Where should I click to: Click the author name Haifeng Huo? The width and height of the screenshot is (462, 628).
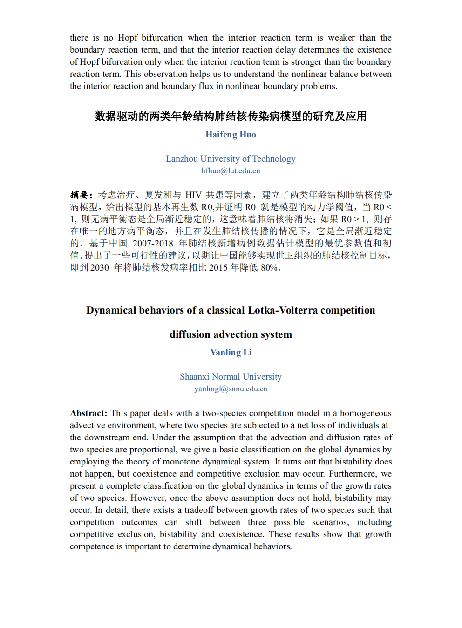231,135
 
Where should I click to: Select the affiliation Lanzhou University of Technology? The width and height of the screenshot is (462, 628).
231,159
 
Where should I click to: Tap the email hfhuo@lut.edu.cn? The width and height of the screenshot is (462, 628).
231,171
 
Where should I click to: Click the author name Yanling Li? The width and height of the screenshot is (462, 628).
231,353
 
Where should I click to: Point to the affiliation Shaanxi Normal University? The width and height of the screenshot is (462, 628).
231,377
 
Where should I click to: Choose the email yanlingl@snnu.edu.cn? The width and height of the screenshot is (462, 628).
231,389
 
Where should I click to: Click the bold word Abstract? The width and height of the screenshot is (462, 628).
88,413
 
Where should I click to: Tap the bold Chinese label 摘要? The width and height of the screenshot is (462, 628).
80,195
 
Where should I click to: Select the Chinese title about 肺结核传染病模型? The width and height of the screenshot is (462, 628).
231,116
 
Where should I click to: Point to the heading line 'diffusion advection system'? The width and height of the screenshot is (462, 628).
231,334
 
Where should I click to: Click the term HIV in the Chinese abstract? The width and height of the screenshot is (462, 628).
193,195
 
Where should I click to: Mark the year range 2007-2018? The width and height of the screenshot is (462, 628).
153,244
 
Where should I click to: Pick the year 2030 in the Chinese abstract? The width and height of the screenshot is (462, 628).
99,268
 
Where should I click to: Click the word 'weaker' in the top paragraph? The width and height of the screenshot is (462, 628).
341,38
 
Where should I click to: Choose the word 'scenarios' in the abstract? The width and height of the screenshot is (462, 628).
330,522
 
